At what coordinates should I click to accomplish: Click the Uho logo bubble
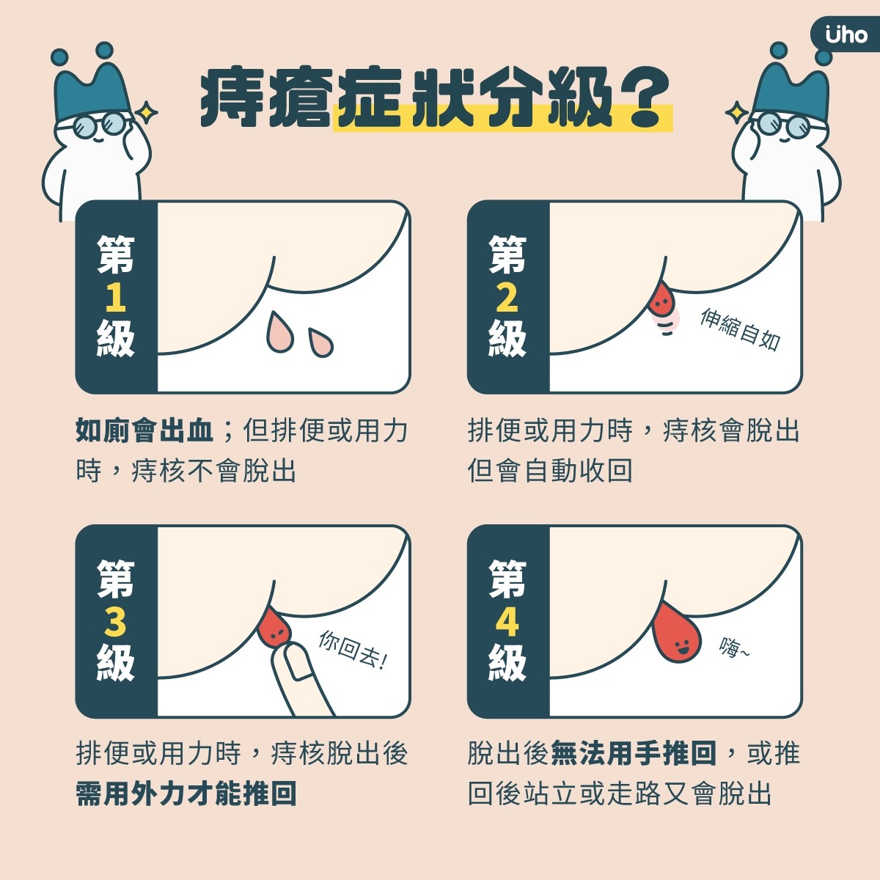click(845, 36)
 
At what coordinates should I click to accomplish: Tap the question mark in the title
click(645, 98)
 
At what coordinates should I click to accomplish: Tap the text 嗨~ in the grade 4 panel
click(734, 647)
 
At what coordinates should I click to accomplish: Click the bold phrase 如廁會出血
click(144, 430)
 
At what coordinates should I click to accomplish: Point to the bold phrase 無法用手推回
click(634, 753)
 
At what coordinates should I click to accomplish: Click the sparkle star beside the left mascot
click(147, 112)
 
